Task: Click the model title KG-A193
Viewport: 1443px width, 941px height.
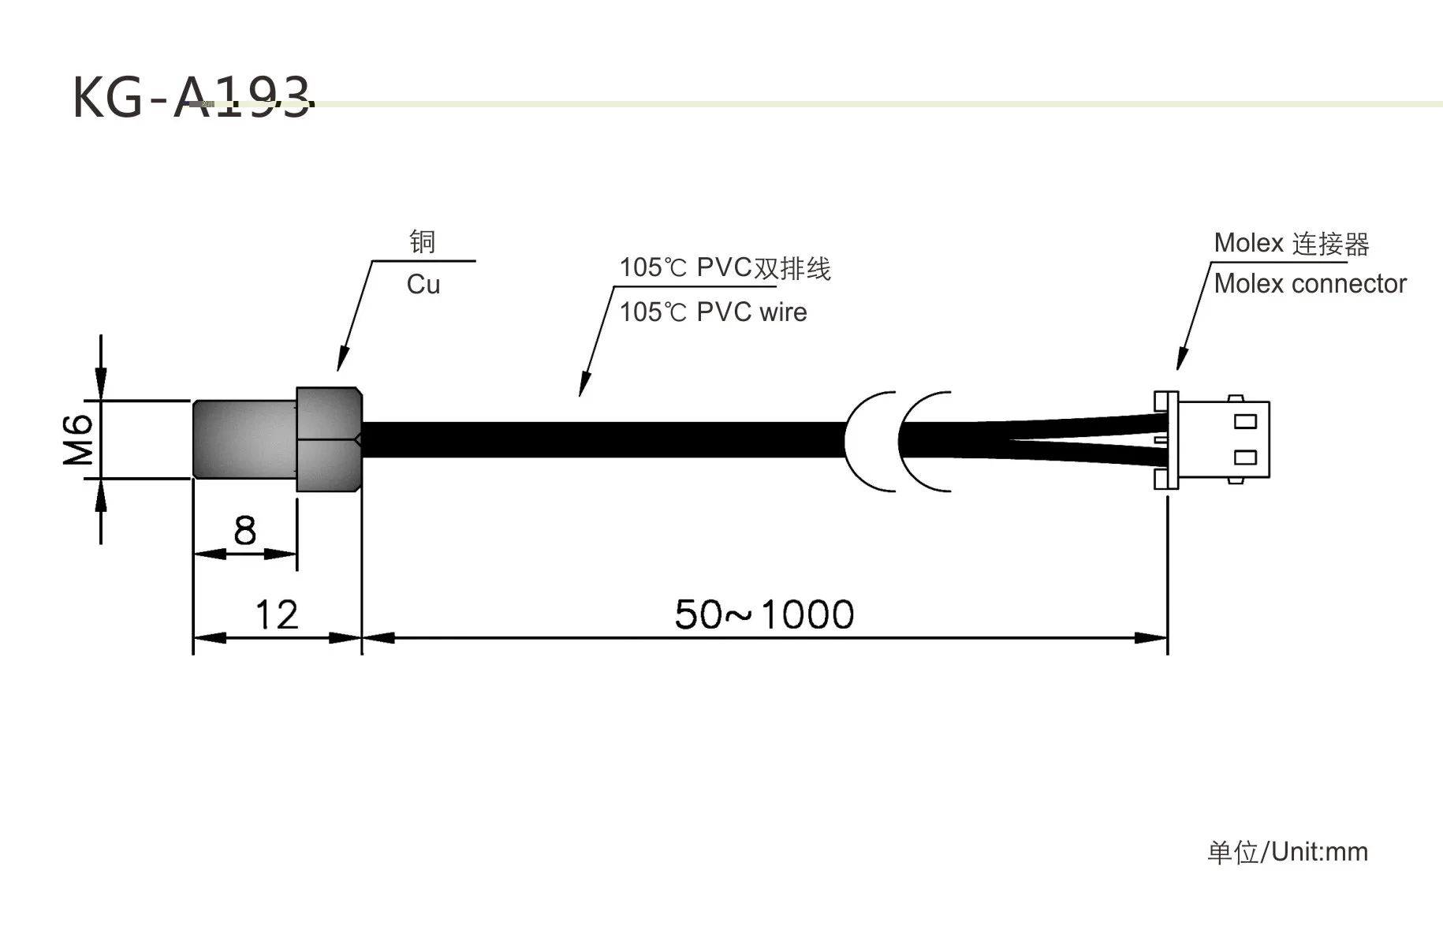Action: [192, 99]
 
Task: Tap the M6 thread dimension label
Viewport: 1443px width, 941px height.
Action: [79, 439]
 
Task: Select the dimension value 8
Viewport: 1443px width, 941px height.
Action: [245, 531]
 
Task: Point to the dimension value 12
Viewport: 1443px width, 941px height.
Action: [277, 614]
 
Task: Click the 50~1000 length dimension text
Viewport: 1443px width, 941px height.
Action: [764, 614]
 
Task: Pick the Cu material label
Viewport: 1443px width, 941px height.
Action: [423, 285]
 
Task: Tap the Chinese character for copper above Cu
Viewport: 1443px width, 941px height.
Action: [423, 241]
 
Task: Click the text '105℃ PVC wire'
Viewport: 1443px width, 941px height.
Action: [713, 312]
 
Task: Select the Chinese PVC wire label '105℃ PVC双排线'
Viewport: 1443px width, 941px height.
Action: [725, 268]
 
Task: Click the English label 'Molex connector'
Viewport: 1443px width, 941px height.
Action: [1310, 284]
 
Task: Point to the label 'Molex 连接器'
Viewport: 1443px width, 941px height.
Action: [1291, 244]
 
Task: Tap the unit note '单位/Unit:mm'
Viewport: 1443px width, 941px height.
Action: [1288, 852]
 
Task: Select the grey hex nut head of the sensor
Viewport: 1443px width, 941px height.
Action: [329, 439]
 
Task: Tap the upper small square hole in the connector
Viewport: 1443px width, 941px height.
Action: [1245, 421]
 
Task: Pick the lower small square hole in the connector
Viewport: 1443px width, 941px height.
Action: [1245, 457]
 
